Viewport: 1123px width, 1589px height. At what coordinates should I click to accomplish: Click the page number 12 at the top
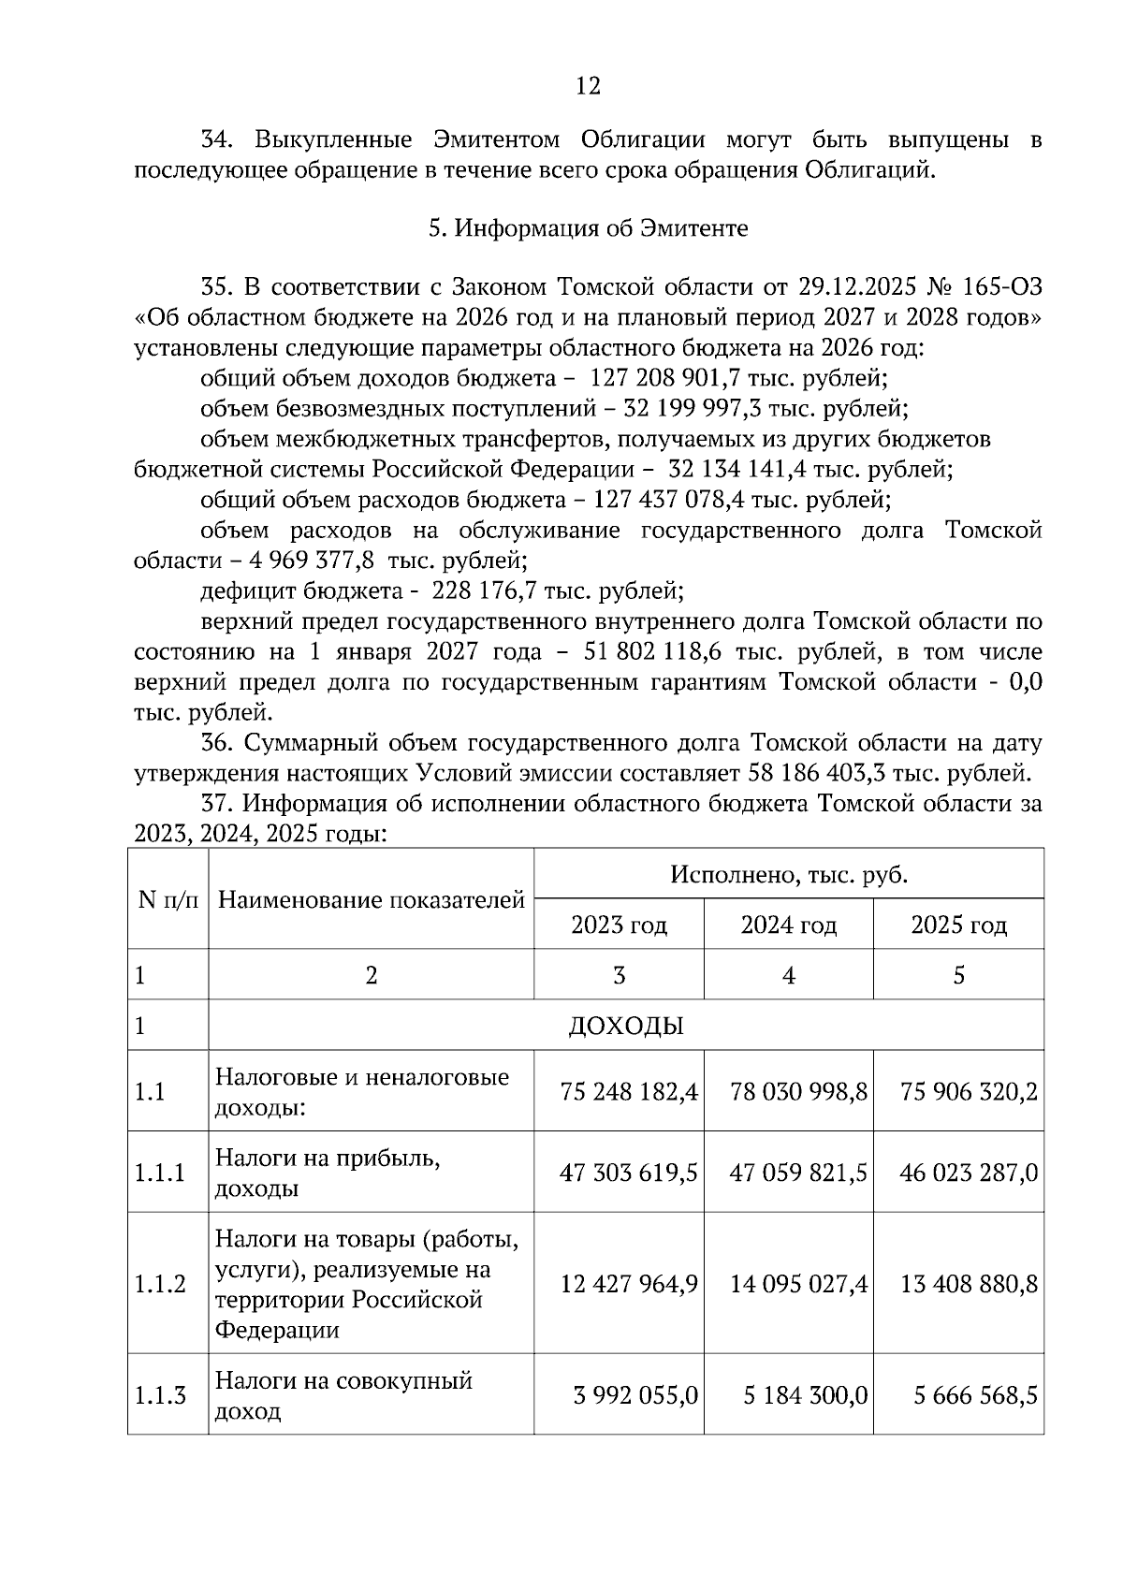pos(588,87)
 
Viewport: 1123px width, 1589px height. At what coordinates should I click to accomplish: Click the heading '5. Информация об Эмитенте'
pos(588,228)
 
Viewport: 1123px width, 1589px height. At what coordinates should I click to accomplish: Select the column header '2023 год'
pos(619,926)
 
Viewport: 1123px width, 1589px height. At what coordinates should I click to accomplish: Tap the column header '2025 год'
pos(958,926)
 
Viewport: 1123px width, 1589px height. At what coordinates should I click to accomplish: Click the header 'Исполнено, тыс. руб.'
pos(788,876)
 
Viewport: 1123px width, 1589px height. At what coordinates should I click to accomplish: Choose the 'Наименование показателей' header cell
pos(371,900)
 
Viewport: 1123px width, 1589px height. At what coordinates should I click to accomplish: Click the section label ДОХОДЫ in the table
pos(625,1027)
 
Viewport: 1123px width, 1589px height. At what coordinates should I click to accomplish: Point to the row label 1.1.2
pos(160,1284)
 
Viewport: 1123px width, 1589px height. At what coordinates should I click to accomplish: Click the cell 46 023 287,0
pos(969,1174)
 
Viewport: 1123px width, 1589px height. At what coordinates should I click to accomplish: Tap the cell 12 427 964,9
pos(628,1284)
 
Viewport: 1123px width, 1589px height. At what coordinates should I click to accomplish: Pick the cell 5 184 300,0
pos(805,1396)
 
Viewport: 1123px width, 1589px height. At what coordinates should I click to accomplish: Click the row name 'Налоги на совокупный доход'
pos(343,1395)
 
